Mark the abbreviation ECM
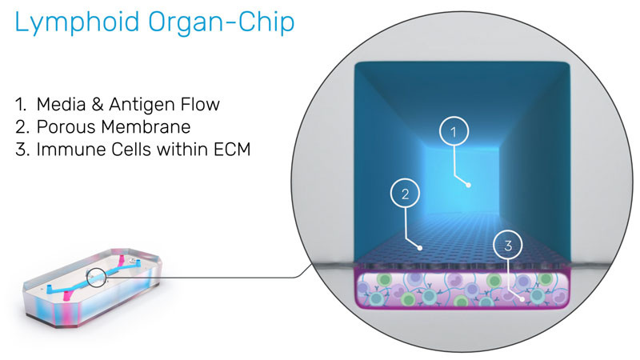(230, 150)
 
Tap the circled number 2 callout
(406, 193)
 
